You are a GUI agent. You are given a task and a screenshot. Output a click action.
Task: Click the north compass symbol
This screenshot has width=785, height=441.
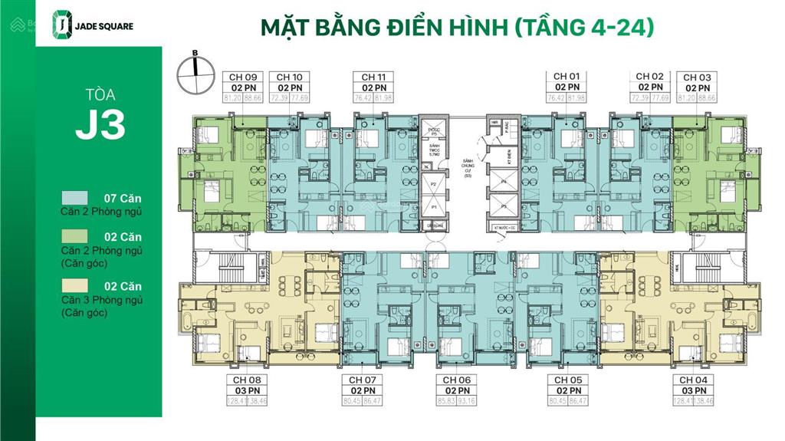point(195,71)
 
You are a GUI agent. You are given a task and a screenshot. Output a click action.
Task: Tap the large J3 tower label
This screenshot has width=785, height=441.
point(100,125)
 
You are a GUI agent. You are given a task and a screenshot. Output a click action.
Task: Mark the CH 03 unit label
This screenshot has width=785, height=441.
point(697,77)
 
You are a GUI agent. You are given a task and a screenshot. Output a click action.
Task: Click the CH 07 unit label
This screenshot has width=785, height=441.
point(362,380)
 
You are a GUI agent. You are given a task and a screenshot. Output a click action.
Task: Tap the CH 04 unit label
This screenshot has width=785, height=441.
point(691,380)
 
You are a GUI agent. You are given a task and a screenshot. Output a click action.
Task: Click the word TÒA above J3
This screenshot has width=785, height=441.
point(100,97)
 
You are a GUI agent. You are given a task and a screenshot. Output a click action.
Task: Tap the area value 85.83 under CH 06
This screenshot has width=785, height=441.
point(445,400)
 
